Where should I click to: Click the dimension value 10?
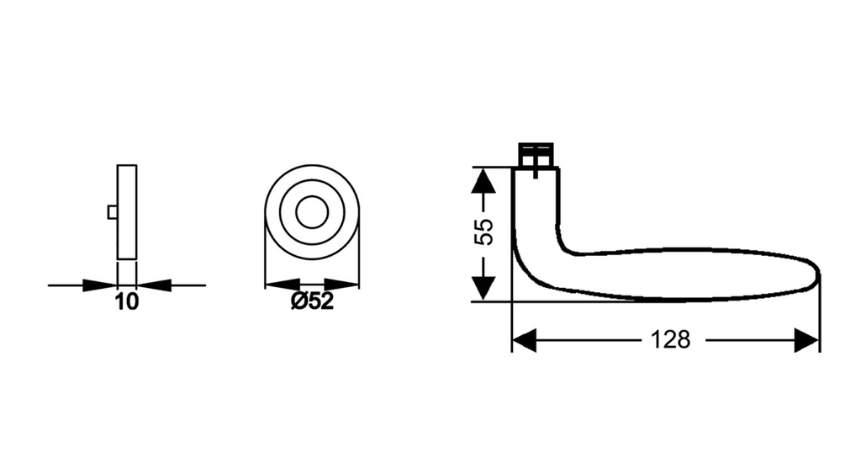tap(127, 302)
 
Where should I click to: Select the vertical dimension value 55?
tap(483, 232)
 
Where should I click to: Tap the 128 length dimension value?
tap(670, 340)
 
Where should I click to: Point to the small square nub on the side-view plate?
tap(113, 212)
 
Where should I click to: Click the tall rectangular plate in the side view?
tap(127, 211)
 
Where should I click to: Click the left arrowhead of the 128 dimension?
tap(524, 341)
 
